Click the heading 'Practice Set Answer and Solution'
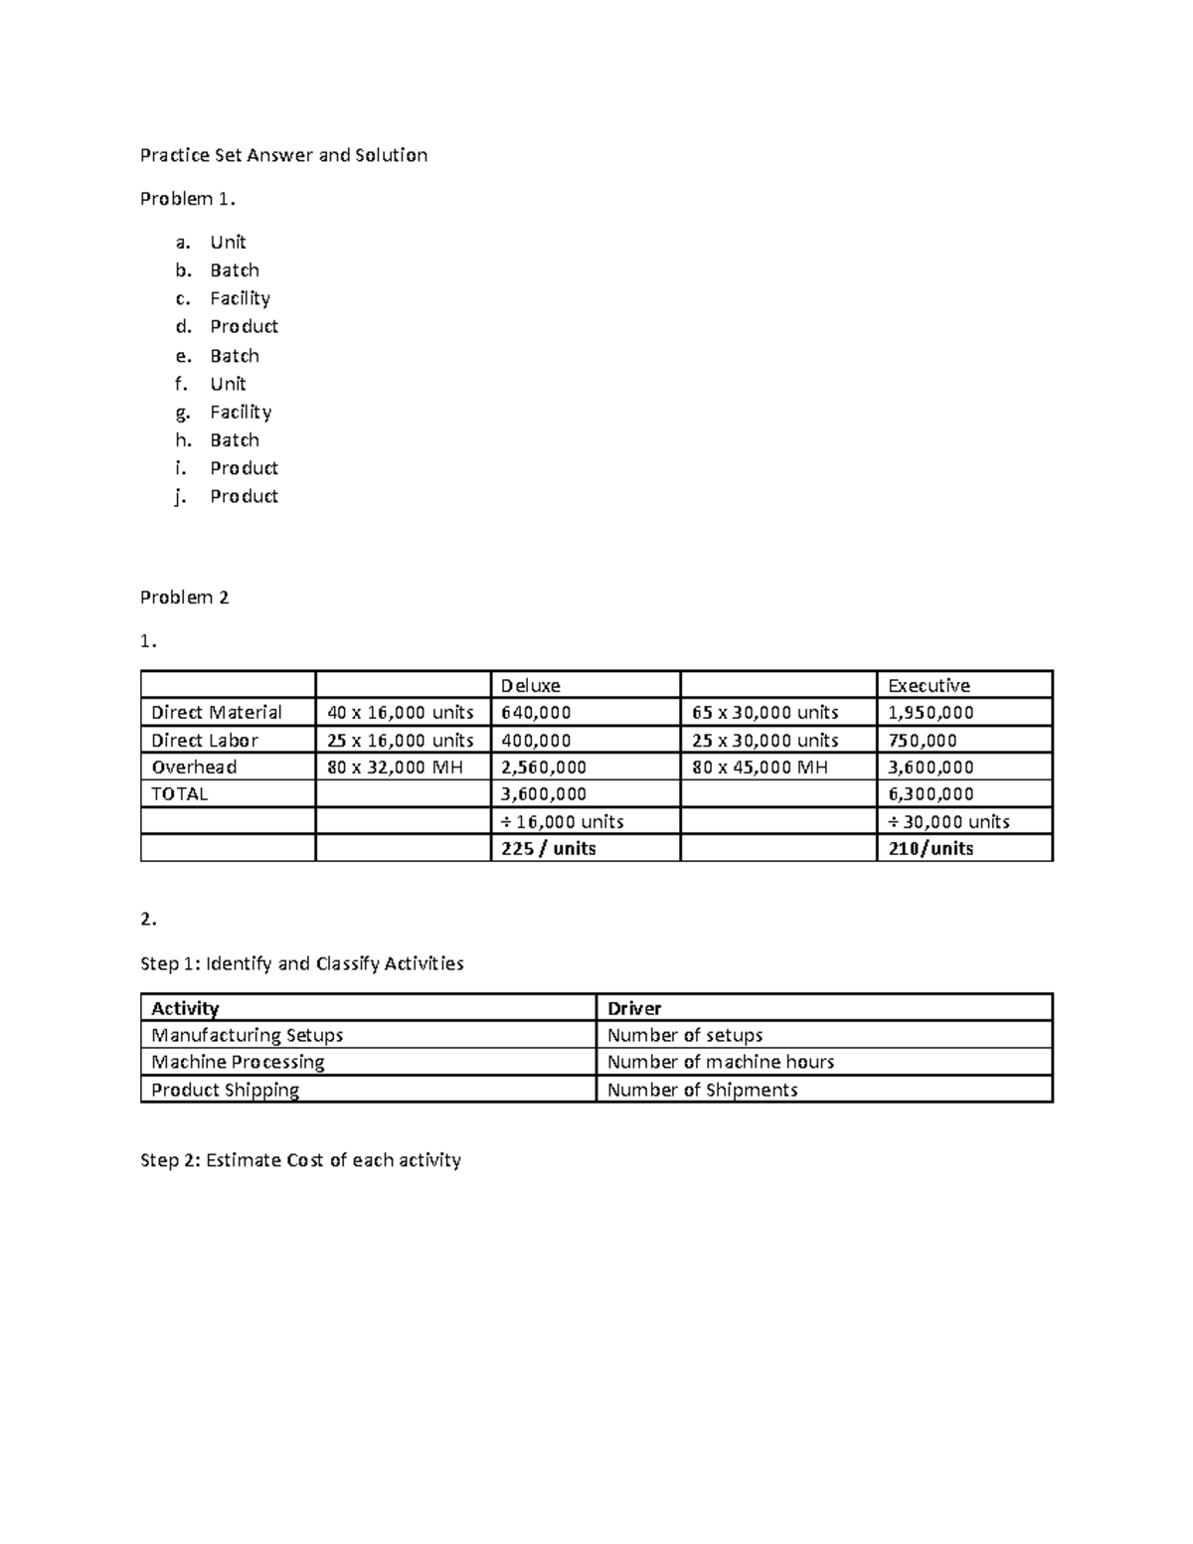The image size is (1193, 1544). pos(283,155)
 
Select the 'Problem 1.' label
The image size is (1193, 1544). pos(188,199)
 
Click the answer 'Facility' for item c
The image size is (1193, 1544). pos(240,298)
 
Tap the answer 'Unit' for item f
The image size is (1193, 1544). pos(228,384)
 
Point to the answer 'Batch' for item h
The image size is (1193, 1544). pos(235,440)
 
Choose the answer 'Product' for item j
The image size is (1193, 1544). pos(244,496)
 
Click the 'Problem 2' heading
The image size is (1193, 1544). pos(185,598)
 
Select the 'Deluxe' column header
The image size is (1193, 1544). pos(530,686)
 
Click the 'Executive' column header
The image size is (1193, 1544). pos(929,686)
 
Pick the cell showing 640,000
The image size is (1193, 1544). pos(536,713)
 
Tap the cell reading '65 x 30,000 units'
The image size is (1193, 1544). pos(766,713)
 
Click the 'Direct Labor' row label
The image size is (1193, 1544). pos(205,741)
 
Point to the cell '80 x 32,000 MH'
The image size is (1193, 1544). pos(396,768)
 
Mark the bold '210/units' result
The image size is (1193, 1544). pos(931,849)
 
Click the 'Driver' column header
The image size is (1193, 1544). pos(634,1008)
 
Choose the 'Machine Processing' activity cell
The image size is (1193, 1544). pos(238,1063)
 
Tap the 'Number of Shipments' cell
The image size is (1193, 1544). pos(702,1091)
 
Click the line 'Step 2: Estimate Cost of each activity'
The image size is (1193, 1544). pos(300,1160)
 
